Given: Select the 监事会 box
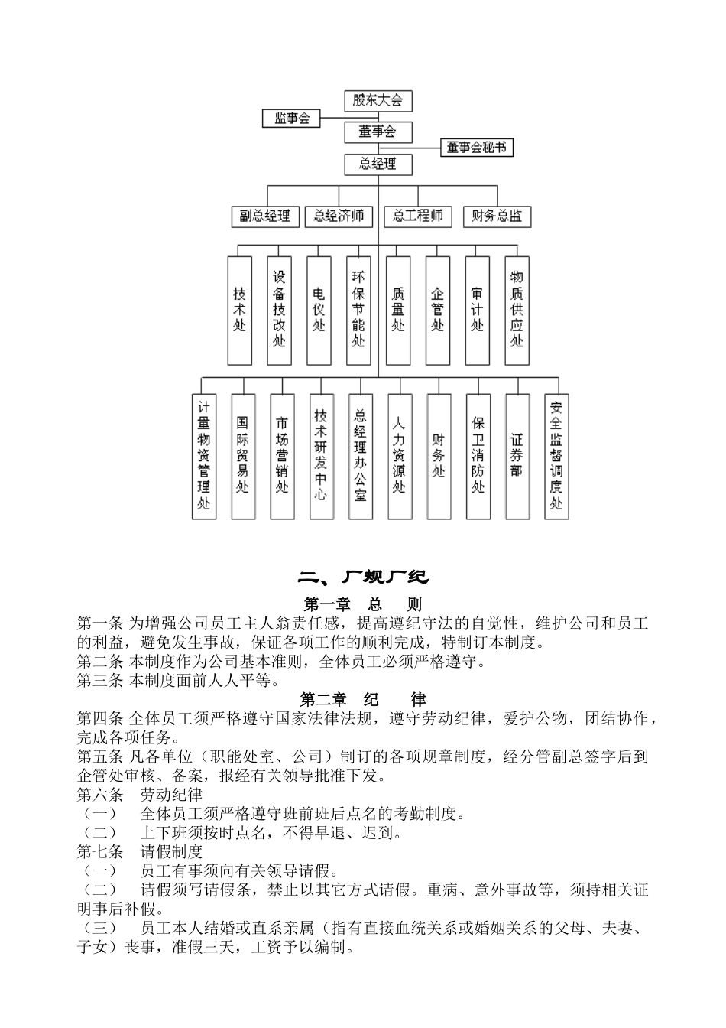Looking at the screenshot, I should (x=292, y=119).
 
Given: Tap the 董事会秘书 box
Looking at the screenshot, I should (x=477, y=148).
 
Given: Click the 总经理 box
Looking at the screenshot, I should (x=378, y=164).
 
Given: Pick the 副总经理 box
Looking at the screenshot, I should (x=265, y=216).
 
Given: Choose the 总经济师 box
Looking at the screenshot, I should (x=339, y=216).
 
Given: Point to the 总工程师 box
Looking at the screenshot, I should (x=418, y=216).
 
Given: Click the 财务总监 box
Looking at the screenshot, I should (x=497, y=216).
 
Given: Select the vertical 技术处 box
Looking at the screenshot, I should (x=240, y=310).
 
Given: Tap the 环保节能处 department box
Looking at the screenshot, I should (x=358, y=310).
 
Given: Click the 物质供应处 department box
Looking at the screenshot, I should (x=517, y=310).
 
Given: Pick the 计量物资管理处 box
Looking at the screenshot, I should (x=203, y=456).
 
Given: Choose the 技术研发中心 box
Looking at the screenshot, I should (x=321, y=456).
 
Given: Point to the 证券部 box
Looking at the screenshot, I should (x=517, y=456).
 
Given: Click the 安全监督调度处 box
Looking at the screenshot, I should (x=556, y=456).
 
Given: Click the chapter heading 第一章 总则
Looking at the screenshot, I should (x=363, y=603).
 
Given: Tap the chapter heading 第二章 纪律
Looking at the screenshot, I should (x=363, y=699).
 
